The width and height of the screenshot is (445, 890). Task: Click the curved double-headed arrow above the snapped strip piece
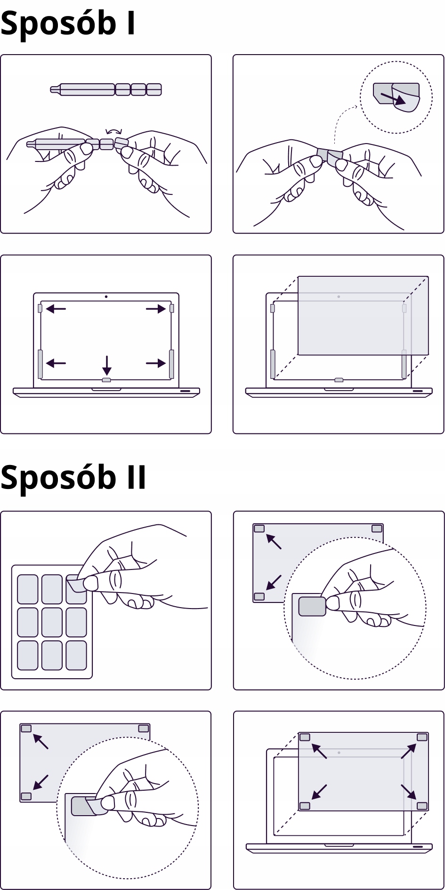pyautogui.click(x=114, y=132)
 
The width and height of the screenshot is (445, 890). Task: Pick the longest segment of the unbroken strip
pyautogui.click(x=87, y=89)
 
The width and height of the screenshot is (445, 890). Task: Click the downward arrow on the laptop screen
pyautogui.click(x=107, y=365)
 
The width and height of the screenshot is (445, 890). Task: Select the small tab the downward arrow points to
pyautogui.click(x=106, y=379)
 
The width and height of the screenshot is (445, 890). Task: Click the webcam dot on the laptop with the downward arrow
pyautogui.click(x=106, y=297)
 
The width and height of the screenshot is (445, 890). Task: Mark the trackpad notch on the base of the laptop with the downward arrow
pyautogui.click(x=106, y=389)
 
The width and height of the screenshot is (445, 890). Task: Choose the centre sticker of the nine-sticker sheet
pyautogui.click(x=52, y=622)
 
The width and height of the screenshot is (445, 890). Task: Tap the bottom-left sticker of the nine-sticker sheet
pyautogui.click(x=28, y=655)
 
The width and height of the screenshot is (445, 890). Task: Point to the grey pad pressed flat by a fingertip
pyautogui.click(x=312, y=606)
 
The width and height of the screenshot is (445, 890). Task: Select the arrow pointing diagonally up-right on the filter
pyautogui.click(x=409, y=751)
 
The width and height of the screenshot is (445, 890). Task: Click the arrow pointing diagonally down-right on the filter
pyautogui.click(x=408, y=792)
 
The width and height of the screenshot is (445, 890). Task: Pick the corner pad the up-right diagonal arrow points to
pyautogui.click(x=422, y=737)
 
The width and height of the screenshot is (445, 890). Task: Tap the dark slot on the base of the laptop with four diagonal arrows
pyautogui.click(x=417, y=847)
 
